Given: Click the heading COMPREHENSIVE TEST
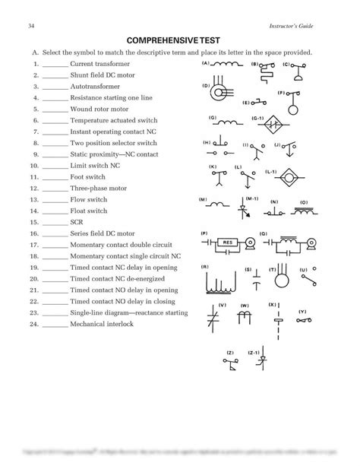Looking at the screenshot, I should point(180,40).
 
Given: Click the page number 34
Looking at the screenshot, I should point(30,27).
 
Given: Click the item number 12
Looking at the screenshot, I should point(34,188).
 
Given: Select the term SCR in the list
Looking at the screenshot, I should point(77,222).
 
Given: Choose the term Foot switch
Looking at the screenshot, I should point(87,177).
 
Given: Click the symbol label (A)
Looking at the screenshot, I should point(205,64).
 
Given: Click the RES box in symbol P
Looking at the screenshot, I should point(226,244).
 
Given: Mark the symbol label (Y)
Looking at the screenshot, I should point(302,312).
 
